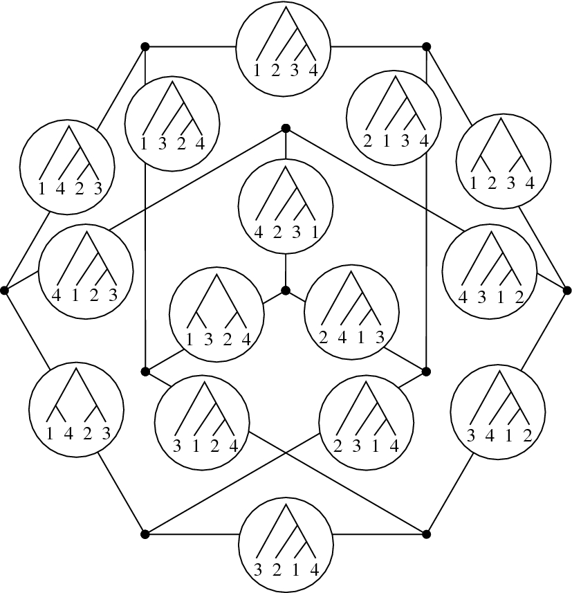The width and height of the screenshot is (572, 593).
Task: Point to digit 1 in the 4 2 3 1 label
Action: pyautogui.click(x=314, y=233)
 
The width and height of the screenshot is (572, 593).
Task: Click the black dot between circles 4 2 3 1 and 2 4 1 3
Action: pyautogui.click(x=285, y=291)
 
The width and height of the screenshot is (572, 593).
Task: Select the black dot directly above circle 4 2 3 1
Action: pyautogui.click(x=285, y=129)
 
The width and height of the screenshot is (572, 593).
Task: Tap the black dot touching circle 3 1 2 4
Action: pyautogui.click(x=145, y=372)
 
